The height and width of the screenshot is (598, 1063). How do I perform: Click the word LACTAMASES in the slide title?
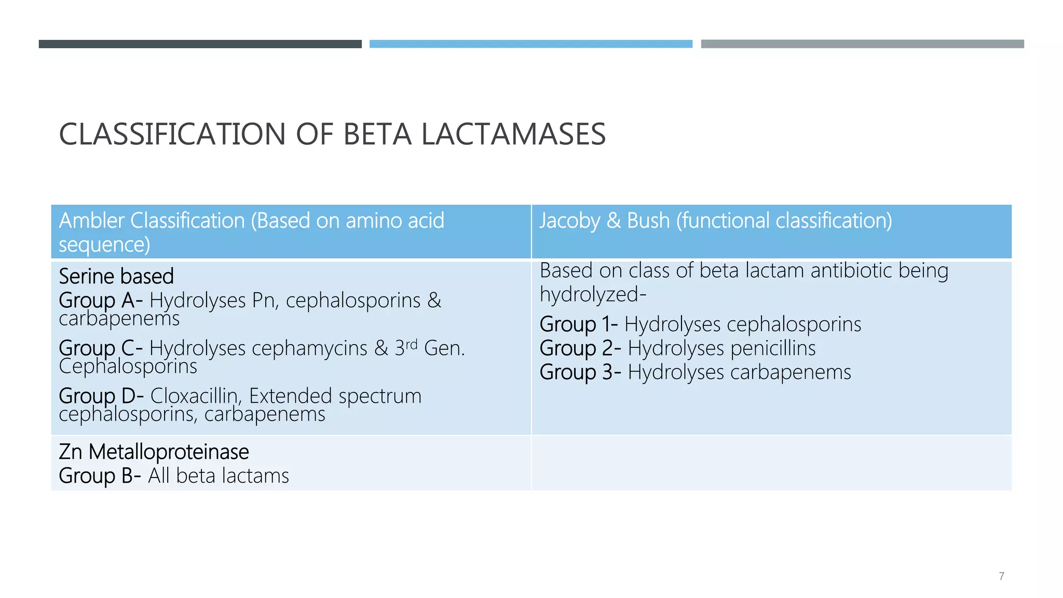[x=513, y=134]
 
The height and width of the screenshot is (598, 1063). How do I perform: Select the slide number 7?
[x=1001, y=576]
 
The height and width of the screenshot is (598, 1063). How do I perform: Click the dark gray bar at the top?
[x=200, y=44]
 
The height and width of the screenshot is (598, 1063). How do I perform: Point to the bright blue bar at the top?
[x=530, y=44]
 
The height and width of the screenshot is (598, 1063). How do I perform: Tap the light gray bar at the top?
[x=862, y=44]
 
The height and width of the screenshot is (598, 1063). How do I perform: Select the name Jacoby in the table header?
[x=569, y=221]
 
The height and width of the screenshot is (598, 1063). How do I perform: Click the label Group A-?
[x=101, y=301]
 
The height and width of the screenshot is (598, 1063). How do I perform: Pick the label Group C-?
[x=101, y=348]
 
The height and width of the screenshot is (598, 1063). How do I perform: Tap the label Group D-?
[x=101, y=396]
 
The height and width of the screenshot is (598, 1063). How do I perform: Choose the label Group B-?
[x=100, y=476]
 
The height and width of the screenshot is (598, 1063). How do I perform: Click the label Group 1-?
[x=578, y=324]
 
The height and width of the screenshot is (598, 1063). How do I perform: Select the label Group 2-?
[x=580, y=348]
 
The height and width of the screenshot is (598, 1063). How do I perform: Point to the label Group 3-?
[x=580, y=372]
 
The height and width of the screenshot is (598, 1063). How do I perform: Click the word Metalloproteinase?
[x=169, y=452]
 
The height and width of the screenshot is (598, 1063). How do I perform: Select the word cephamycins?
[x=309, y=348]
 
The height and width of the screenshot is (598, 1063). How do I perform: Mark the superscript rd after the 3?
[x=411, y=344]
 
